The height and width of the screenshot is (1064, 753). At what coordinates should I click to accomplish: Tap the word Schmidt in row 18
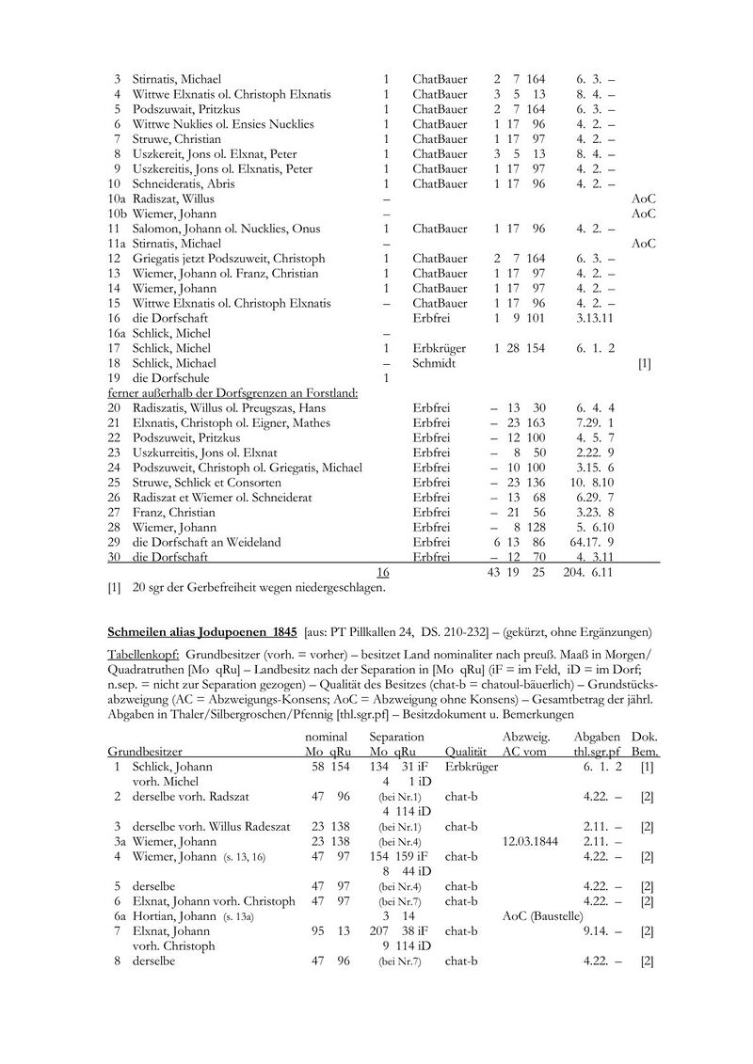[x=434, y=362]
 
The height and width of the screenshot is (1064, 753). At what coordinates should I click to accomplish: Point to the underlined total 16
[x=382, y=572]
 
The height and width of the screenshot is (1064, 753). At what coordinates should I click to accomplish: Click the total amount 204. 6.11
[x=593, y=572]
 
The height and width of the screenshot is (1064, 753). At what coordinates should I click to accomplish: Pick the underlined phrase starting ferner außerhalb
[x=232, y=392]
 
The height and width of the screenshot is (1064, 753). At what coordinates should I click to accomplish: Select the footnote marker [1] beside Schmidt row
[x=644, y=362]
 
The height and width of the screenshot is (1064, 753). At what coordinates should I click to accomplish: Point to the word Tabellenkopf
[x=141, y=652]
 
